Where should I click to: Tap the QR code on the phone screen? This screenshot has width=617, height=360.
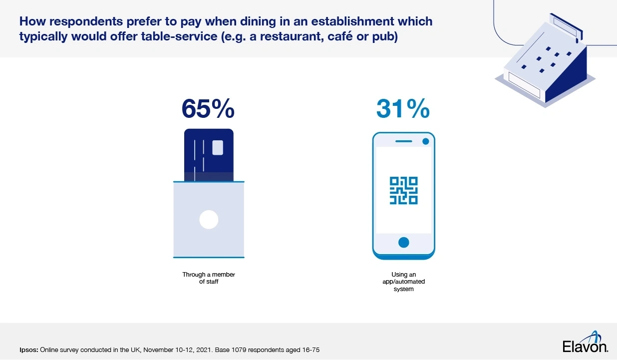(x=403, y=190)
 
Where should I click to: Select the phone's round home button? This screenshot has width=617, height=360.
(x=404, y=243)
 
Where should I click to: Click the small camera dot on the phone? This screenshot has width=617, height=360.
(x=425, y=142)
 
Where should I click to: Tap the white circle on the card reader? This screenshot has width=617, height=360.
(x=209, y=220)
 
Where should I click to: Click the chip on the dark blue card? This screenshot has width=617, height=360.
(x=218, y=148)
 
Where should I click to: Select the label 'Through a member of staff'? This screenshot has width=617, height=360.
(x=209, y=278)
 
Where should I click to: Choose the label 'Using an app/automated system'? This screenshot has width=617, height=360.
(x=403, y=282)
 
